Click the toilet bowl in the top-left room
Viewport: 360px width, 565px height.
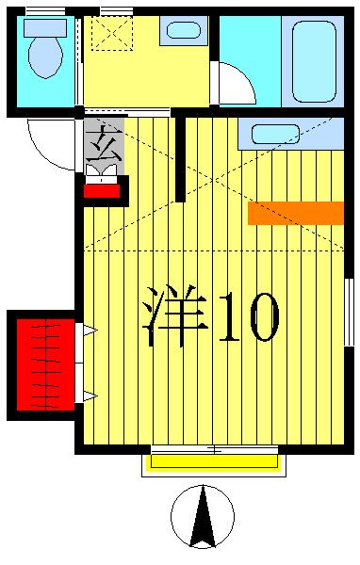click(x=44, y=57)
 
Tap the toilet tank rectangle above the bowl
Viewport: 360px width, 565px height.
click(x=44, y=27)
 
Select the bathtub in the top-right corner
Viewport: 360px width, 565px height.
click(x=314, y=60)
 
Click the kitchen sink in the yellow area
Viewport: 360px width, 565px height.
click(x=183, y=30)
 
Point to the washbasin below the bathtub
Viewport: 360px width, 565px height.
click(x=274, y=134)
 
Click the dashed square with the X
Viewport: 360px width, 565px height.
click(x=111, y=33)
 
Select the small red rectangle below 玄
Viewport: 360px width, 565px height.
click(x=101, y=190)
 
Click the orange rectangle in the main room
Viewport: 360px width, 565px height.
click(x=295, y=213)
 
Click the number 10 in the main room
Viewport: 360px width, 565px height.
click(x=249, y=318)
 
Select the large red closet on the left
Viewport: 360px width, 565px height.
click(x=44, y=364)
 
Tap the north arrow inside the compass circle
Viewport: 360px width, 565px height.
click(x=203, y=518)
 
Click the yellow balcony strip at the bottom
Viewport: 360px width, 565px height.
click(x=214, y=460)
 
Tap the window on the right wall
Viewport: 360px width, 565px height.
click(x=349, y=312)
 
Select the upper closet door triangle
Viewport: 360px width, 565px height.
click(x=89, y=331)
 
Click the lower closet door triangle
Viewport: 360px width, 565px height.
click(x=89, y=396)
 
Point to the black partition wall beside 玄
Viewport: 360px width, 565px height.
click(x=180, y=157)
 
